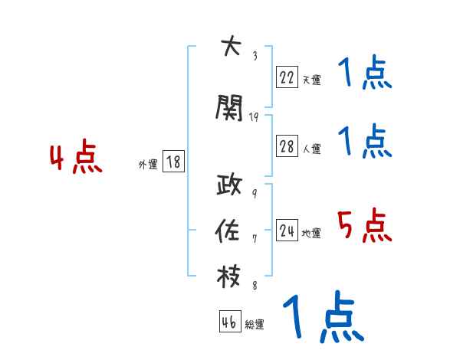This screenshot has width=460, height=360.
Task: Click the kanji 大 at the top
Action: click(x=230, y=47)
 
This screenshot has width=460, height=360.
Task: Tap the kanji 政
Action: click(x=230, y=187)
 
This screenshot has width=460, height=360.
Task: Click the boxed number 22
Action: click(x=287, y=77)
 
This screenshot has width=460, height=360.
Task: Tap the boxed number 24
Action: click(x=287, y=231)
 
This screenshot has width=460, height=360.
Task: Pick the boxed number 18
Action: click(x=173, y=162)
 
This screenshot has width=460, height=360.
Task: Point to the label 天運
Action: click(x=311, y=79)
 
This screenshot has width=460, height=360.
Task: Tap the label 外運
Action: click(x=147, y=164)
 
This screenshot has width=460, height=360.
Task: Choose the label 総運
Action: click(x=255, y=325)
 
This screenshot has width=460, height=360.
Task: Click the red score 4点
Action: click(x=75, y=159)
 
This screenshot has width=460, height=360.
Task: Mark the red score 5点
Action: click(x=364, y=225)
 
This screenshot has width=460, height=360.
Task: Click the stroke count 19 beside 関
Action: click(x=255, y=117)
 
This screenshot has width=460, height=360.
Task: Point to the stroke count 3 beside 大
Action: click(x=255, y=55)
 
